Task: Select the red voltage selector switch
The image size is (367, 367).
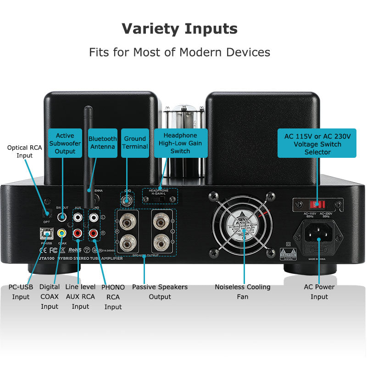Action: [x=317, y=203]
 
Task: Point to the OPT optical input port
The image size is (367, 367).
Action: [x=46, y=213]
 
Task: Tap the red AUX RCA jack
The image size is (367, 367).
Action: [x=78, y=233]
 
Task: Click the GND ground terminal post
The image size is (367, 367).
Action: [x=127, y=200]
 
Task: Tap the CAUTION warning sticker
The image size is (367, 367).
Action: [x=288, y=253]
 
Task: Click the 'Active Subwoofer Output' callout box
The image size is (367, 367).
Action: [x=65, y=143]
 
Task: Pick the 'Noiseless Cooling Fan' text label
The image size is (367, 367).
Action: [x=243, y=292]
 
